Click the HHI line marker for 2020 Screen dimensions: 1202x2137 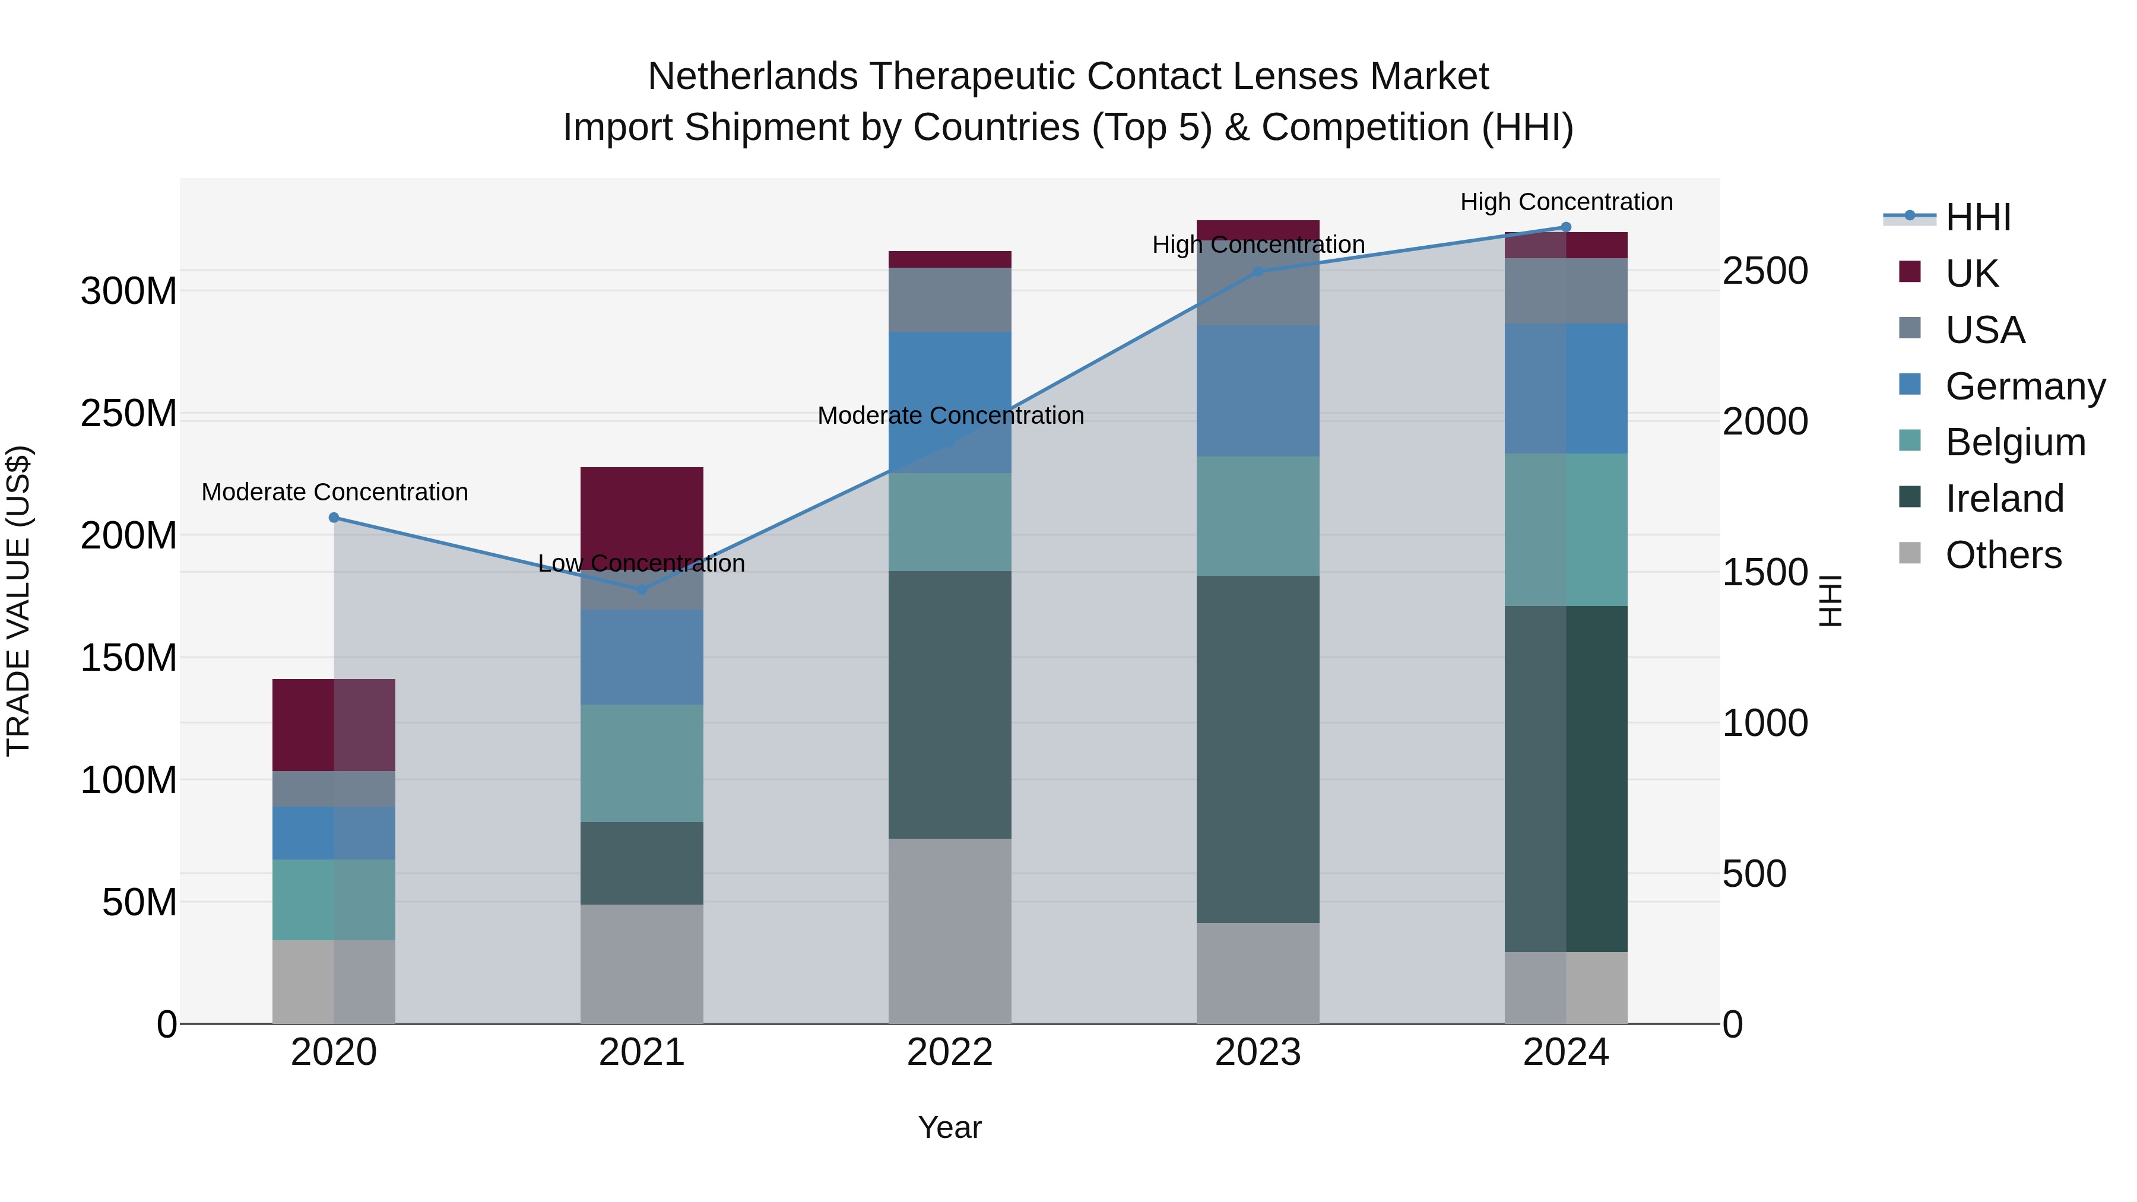pyautogui.click(x=334, y=518)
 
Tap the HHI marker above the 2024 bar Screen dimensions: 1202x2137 pyautogui.click(x=1567, y=227)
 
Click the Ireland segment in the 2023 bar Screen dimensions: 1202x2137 pyautogui.click(x=1258, y=749)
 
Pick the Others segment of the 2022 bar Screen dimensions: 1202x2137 pyautogui.click(x=950, y=931)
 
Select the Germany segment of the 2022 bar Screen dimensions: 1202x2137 pyautogui.click(x=950, y=390)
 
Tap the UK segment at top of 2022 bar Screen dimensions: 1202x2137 pyautogui.click(x=950, y=259)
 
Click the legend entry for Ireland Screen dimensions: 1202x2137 pyautogui.click(x=2003, y=499)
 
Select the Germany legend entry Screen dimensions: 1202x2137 pyautogui.click(x=2024, y=386)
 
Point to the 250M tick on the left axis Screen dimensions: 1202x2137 pyautogui.click(x=129, y=413)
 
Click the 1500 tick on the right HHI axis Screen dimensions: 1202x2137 pyautogui.click(x=1765, y=572)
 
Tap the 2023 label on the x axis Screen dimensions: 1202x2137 pyautogui.click(x=1258, y=1052)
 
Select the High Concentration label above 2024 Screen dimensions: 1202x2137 pyautogui.click(x=1567, y=202)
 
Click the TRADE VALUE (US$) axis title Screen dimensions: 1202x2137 pyautogui.click(x=18, y=601)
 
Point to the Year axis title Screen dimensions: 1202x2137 pyautogui.click(x=950, y=1127)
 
